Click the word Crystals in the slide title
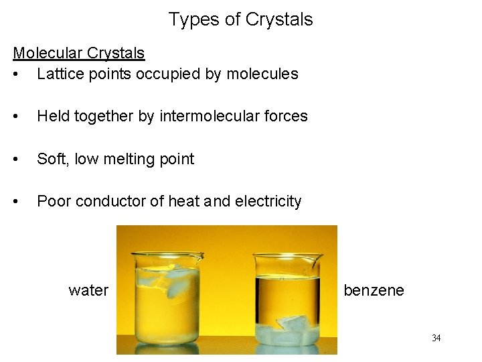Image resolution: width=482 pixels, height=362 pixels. [x=279, y=19]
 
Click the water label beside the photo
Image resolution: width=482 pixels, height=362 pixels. [x=88, y=290]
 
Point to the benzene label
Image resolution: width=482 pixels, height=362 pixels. [x=374, y=290]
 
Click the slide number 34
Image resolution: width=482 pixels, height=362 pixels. [x=436, y=338]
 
